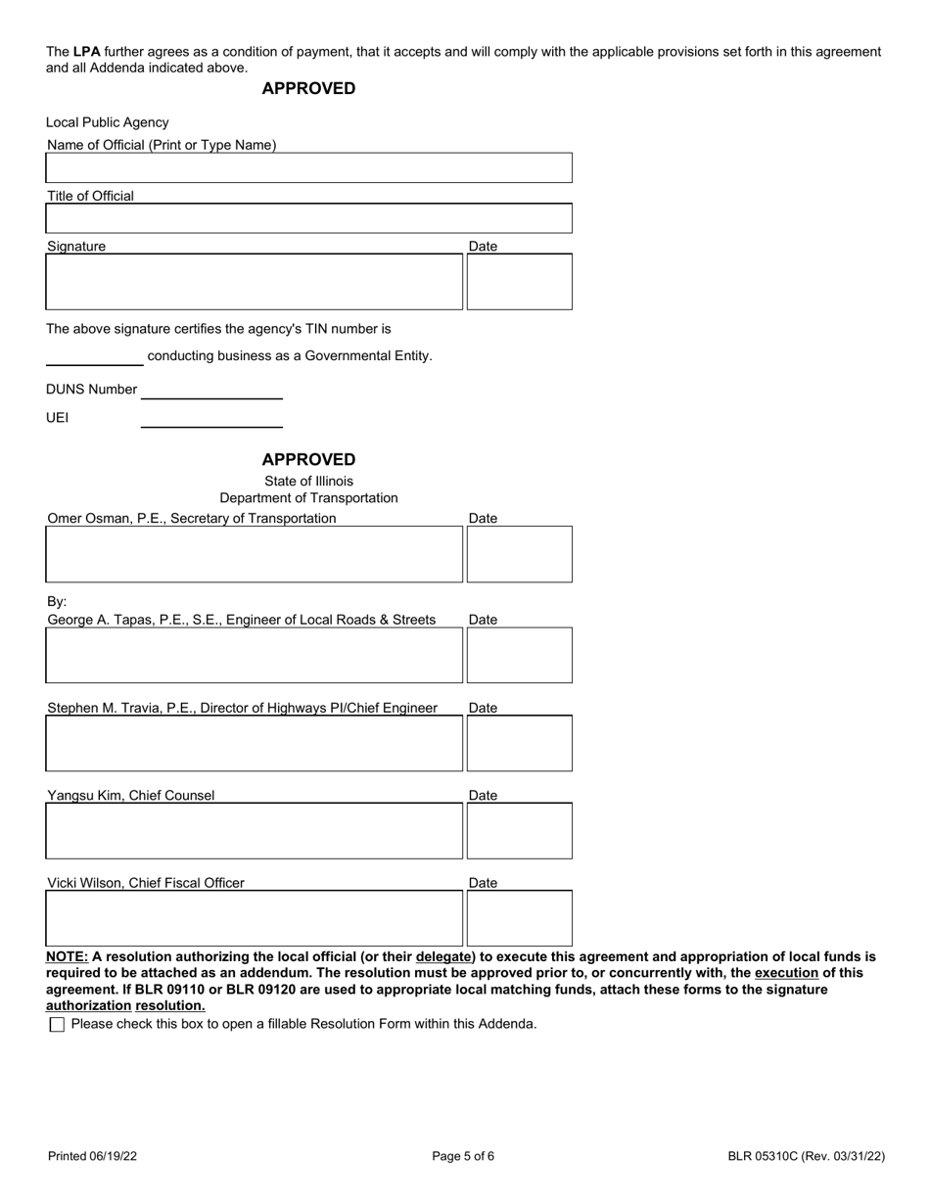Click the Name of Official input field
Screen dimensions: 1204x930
tap(308, 168)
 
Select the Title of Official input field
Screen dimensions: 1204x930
tap(308, 218)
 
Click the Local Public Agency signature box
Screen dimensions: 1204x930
tap(254, 282)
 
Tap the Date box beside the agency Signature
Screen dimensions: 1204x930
tap(519, 282)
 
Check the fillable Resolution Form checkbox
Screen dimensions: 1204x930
tap(57, 1025)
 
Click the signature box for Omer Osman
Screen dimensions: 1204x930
tap(254, 554)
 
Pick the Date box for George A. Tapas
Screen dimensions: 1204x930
tap(519, 655)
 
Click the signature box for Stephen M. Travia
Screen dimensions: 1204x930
tap(254, 743)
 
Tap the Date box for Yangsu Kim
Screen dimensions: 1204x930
tap(519, 831)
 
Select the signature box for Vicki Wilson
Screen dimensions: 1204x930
tap(254, 918)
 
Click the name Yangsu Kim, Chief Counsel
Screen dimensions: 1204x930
tap(130, 796)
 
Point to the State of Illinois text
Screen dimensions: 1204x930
tap(308, 482)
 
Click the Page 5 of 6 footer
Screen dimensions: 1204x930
tap(463, 1156)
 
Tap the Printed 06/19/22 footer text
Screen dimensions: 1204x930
tap(92, 1156)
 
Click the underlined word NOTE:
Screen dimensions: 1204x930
tap(67, 957)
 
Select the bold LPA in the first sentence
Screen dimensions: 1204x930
tap(86, 52)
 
